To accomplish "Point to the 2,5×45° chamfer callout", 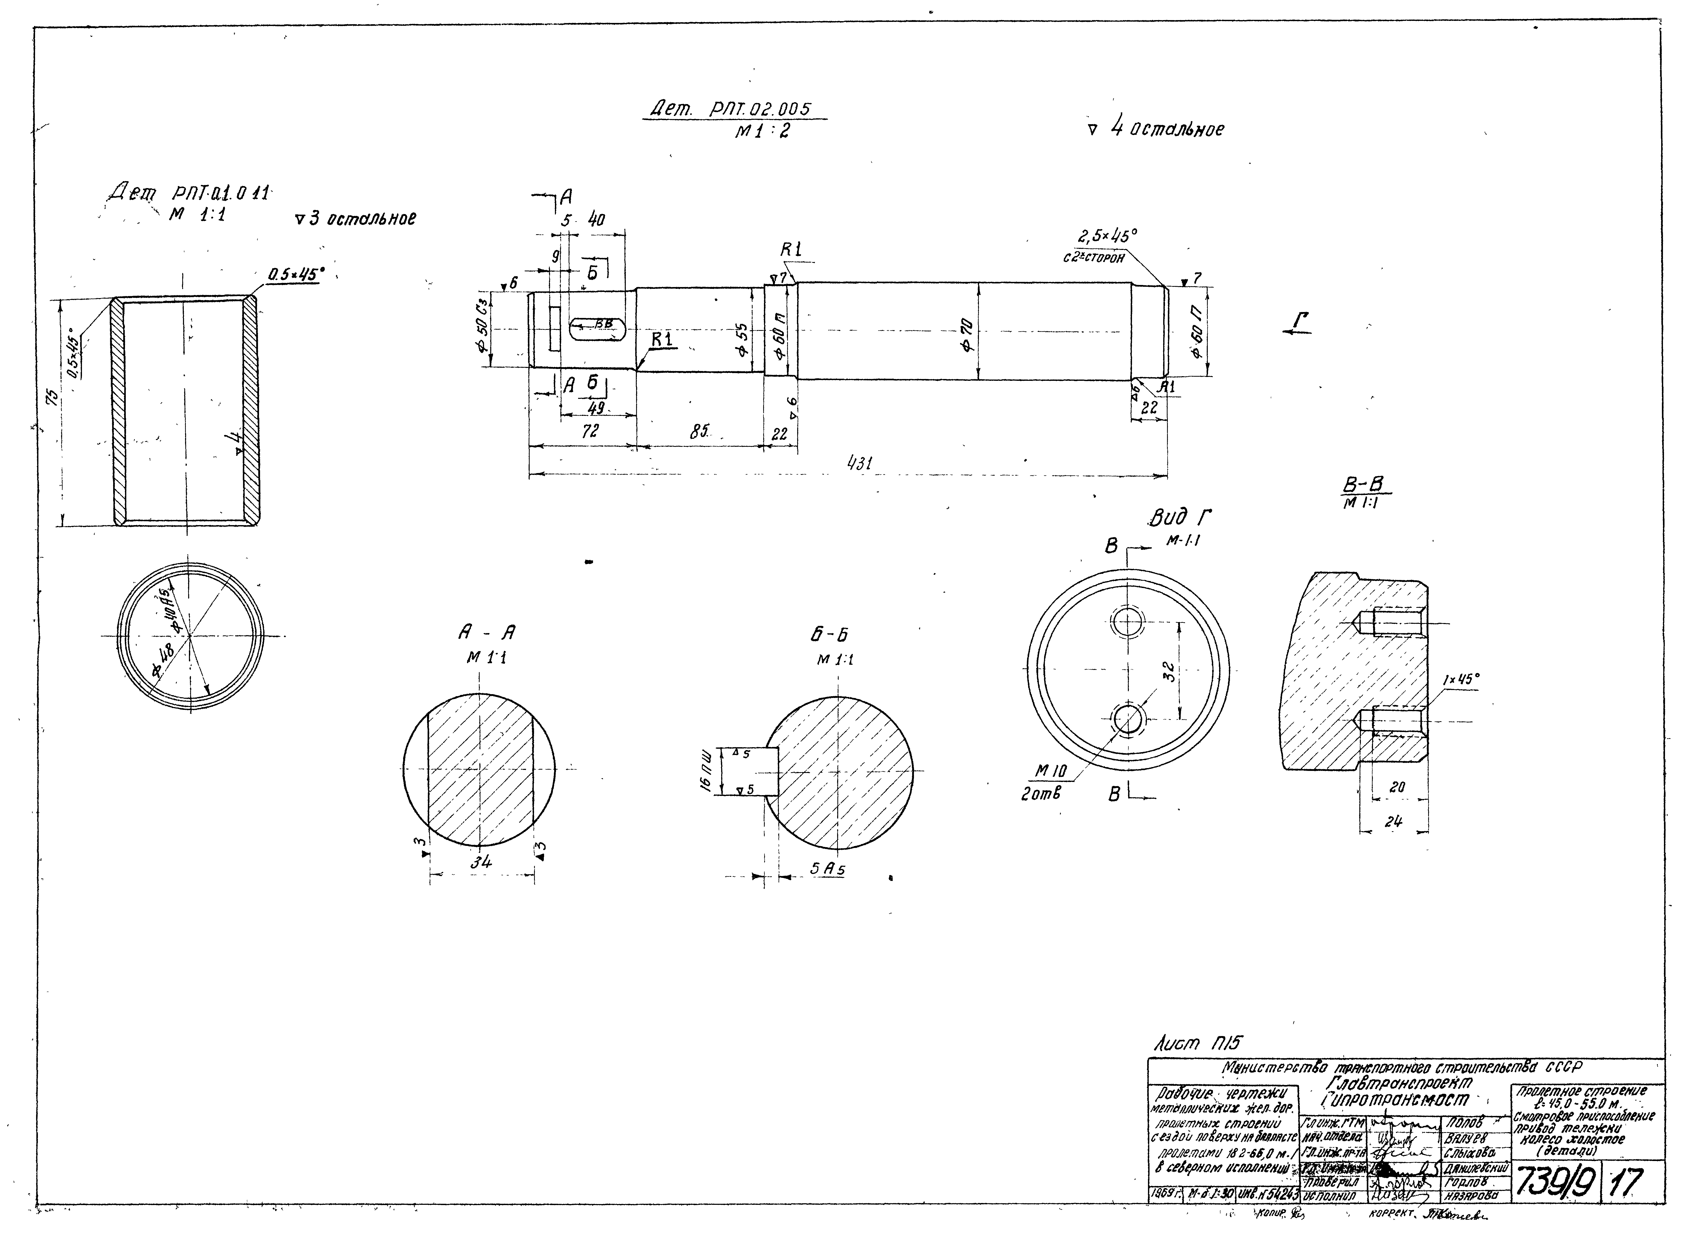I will [1106, 237].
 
